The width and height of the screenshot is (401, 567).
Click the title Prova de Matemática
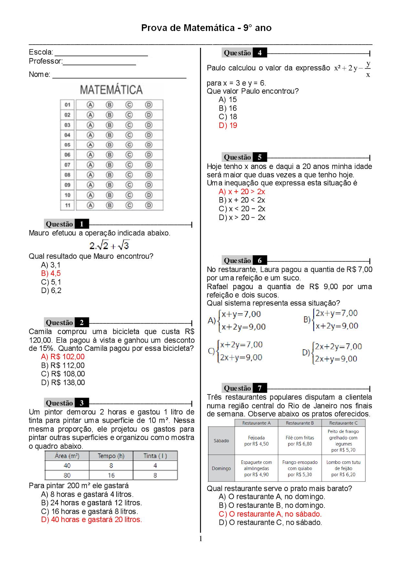click(206, 28)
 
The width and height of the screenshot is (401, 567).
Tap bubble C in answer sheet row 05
click(129, 145)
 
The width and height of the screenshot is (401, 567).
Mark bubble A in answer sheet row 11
click(90, 205)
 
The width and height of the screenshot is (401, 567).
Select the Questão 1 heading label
click(66, 224)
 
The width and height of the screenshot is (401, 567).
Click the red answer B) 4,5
click(51, 274)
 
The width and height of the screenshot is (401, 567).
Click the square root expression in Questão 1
click(109, 245)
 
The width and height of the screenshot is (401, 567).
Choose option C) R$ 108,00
click(63, 374)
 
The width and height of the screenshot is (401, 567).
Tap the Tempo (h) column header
click(111, 456)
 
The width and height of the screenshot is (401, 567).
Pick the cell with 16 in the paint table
click(111, 475)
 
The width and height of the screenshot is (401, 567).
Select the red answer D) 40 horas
click(91, 520)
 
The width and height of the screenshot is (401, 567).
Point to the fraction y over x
click(368, 69)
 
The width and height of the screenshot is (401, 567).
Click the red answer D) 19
click(228, 125)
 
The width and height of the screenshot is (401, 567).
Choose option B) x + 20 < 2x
click(242, 200)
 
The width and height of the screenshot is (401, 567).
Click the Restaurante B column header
click(300, 423)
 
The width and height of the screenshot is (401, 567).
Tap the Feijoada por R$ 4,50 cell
click(256, 441)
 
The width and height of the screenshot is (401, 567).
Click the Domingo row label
click(221, 468)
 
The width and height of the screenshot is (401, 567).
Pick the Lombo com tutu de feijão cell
click(343, 468)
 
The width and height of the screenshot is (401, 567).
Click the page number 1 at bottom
click(201, 539)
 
